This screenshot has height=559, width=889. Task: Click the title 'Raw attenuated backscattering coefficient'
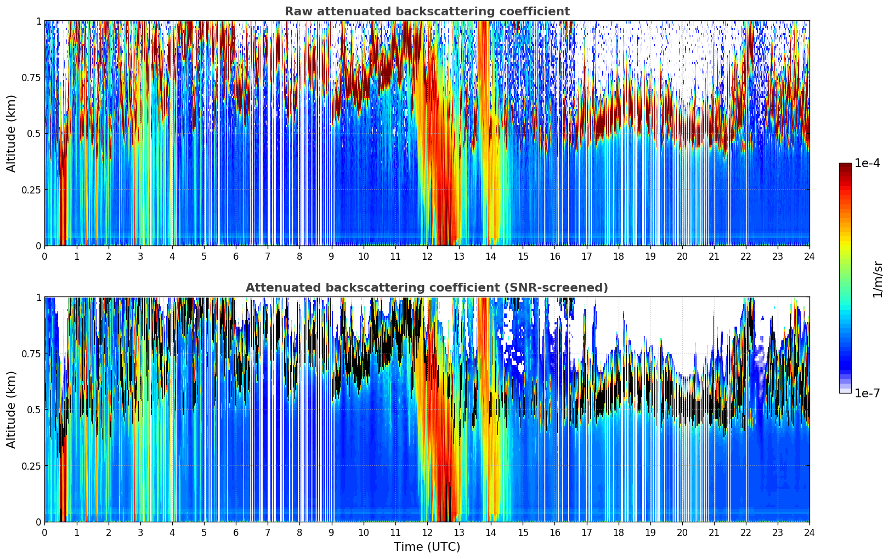pyautogui.click(x=427, y=12)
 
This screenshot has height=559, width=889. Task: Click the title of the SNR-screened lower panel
pyautogui.click(x=427, y=288)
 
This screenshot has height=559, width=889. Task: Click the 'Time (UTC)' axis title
pyautogui.click(x=427, y=547)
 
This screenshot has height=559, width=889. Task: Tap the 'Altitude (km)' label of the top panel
pyautogui.click(x=12, y=133)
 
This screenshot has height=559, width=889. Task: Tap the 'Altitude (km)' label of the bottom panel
pyautogui.click(x=12, y=409)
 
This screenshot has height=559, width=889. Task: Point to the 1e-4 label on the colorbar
pyautogui.click(x=867, y=163)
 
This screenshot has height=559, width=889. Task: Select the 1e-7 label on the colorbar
pyautogui.click(x=867, y=393)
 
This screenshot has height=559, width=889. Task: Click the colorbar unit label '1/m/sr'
pyautogui.click(x=877, y=278)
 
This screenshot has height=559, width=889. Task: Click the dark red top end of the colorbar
pyautogui.click(x=845, y=166)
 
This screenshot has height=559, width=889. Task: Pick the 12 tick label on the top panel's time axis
pyautogui.click(x=427, y=256)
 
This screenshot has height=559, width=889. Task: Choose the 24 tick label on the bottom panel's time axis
pyautogui.click(x=809, y=532)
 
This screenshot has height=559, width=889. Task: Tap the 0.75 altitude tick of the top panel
pyautogui.click(x=31, y=77)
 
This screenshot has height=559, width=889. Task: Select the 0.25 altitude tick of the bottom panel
pyautogui.click(x=31, y=466)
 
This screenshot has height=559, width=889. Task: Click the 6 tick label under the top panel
pyautogui.click(x=236, y=256)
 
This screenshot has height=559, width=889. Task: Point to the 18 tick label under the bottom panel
pyautogui.click(x=618, y=532)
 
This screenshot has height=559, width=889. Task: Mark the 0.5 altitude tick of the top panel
pyautogui.click(x=34, y=133)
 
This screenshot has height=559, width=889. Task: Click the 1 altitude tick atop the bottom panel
pyautogui.click(x=38, y=298)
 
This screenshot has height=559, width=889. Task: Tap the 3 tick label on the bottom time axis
pyautogui.click(x=140, y=532)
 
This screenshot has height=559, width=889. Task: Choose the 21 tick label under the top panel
pyautogui.click(x=714, y=256)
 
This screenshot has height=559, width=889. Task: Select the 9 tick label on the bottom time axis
pyautogui.click(x=331, y=532)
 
